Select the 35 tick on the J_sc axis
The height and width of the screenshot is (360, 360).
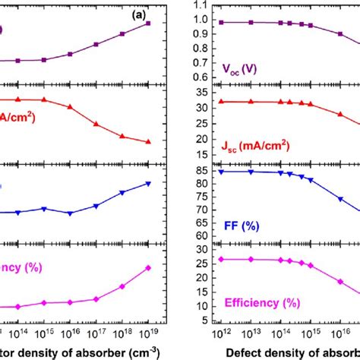[x=200, y=92]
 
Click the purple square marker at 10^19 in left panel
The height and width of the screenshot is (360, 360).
[x=148, y=24]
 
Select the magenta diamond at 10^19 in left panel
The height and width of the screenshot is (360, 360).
[x=148, y=268]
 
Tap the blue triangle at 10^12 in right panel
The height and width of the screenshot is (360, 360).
[x=220, y=172]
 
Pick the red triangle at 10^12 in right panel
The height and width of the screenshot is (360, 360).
[x=220, y=102]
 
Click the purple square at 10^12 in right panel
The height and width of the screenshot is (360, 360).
[x=220, y=22]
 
